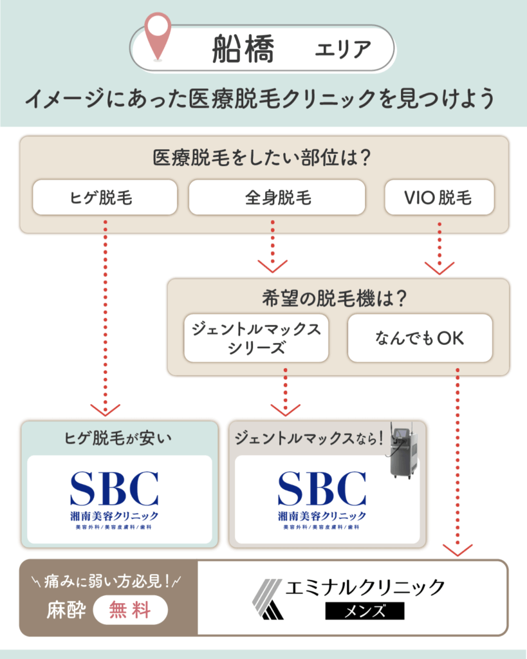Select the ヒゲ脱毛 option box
105,197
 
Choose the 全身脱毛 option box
277,197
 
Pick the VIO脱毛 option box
439,197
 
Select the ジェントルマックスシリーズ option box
256,338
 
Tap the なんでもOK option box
420,338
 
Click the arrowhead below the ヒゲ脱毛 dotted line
105,409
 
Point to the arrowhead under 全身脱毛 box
272,266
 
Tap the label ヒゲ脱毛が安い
119,439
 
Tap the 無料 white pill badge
131,609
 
